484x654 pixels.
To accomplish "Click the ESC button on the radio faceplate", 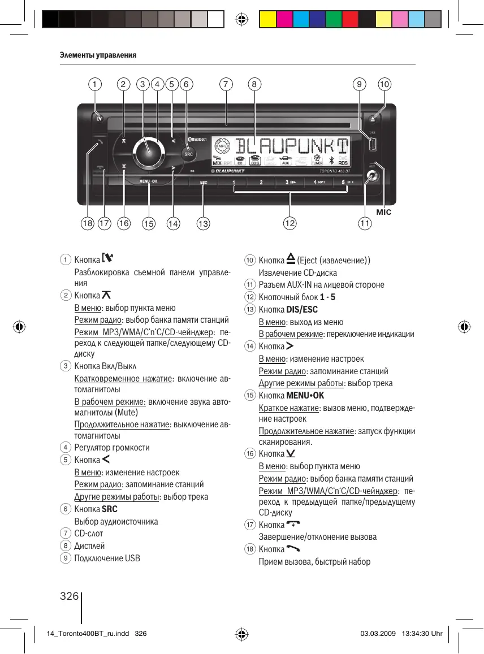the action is pyautogui.click(x=204, y=182).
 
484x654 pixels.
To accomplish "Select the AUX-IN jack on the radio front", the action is pyautogui.click(x=371, y=176).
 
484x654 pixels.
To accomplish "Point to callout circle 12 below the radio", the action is pyautogui.click(x=290, y=224).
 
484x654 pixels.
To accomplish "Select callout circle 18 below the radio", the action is pyautogui.click(x=87, y=224).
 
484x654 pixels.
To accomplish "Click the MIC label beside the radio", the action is pyautogui.click(x=383, y=212).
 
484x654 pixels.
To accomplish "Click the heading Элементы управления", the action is pyautogui.click(x=98, y=55).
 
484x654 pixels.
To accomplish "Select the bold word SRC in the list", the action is pyautogui.click(x=110, y=509).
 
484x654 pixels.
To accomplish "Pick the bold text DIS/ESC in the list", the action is pyautogui.click(x=302, y=309).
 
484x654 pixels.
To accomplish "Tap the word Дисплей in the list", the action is pyautogui.click(x=89, y=546).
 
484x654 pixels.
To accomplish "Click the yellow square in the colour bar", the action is pyautogui.click(x=267, y=20).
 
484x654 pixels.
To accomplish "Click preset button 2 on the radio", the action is pyautogui.click(x=261, y=182).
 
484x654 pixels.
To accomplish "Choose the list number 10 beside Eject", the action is pyautogui.click(x=250, y=261).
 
